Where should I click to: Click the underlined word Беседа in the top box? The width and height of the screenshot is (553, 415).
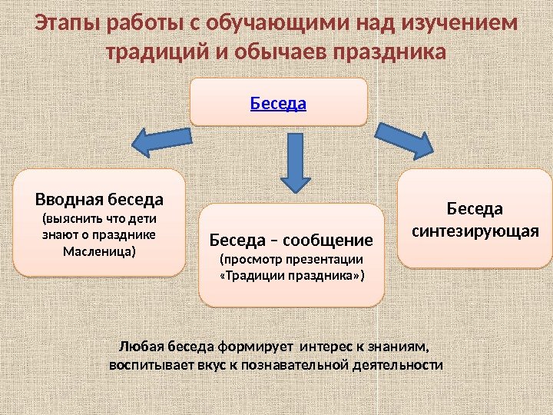pos(278,102)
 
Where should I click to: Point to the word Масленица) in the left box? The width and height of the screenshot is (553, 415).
pos(100,251)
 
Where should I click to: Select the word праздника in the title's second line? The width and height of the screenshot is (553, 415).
pos(389,54)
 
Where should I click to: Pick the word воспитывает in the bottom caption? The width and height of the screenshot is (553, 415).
pos(147,364)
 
